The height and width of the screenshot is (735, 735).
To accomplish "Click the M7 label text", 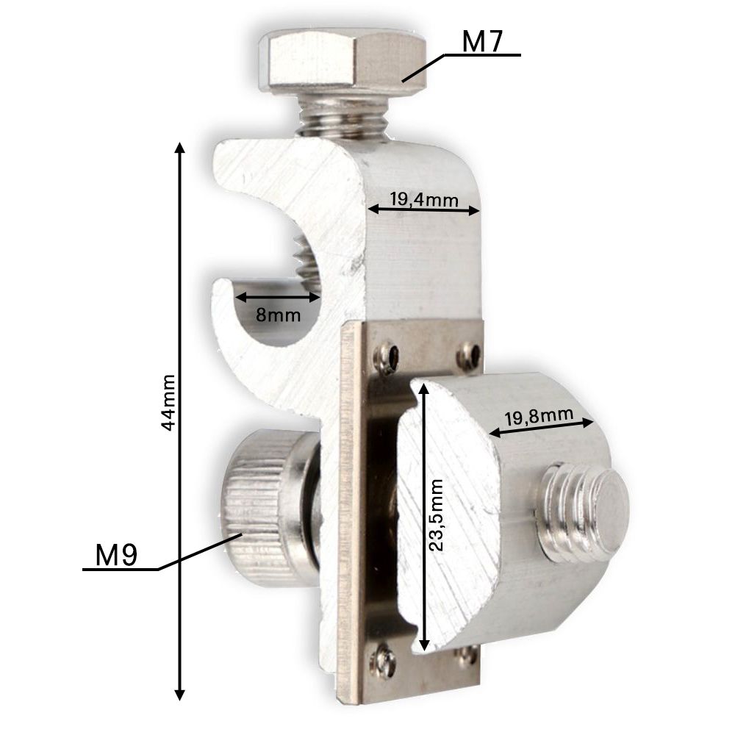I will click(482, 42).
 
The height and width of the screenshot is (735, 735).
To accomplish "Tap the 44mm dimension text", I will click(169, 402).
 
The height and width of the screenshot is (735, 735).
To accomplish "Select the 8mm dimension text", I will click(278, 315).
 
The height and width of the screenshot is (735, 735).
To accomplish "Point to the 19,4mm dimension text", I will click(424, 198).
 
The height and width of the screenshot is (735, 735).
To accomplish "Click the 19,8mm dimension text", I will click(539, 417).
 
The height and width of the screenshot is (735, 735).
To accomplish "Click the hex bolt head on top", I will click(343, 62).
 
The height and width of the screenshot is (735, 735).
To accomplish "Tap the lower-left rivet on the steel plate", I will click(383, 659).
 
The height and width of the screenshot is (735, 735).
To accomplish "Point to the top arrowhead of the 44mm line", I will click(179, 147).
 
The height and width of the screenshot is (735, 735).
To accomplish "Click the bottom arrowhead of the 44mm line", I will click(179, 695).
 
